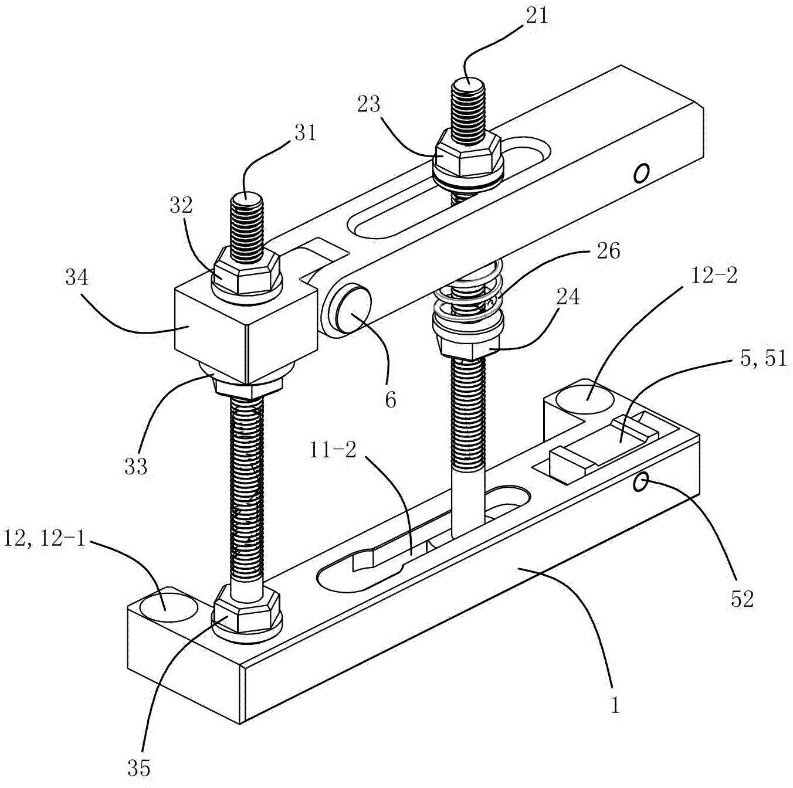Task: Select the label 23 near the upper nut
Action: [368, 105]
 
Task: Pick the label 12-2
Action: [714, 276]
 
